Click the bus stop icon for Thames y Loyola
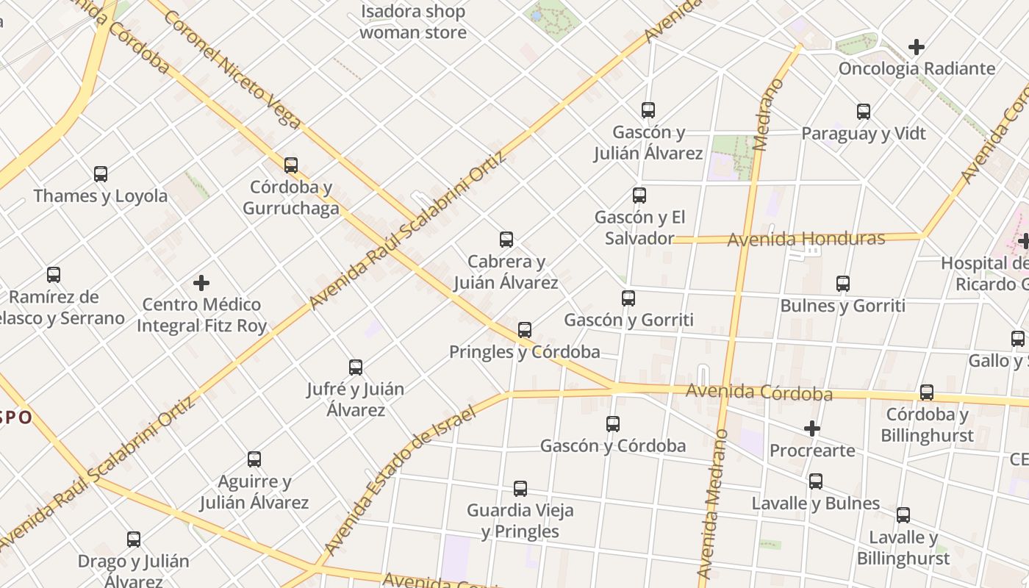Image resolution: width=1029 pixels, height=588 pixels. pyautogui.click(x=101, y=174)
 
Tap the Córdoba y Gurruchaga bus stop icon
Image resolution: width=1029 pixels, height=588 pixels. pyautogui.click(x=291, y=165)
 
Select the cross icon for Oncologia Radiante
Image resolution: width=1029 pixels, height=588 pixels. pyautogui.click(x=916, y=47)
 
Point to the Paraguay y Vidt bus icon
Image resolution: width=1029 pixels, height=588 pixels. pyautogui.click(x=864, y=112)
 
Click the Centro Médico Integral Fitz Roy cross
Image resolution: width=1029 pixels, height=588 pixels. pyautogui.click(x=201, y=282)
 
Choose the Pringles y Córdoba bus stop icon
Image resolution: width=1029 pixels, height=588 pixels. pyautogui.click(x=525, y=330)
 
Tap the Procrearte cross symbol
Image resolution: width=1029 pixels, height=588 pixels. pyautogui.click(x=812, y=428)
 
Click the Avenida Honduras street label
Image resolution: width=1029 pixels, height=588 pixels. pyautogui.click(x=806, y=239)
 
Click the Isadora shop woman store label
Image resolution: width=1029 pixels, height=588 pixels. pyautogui.click(x=413, y=22)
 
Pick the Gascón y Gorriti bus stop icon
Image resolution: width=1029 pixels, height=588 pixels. pyautogui.click(x=628, y=298)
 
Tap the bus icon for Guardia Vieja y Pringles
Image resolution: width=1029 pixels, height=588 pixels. pyautogui.click(x=520, y=488)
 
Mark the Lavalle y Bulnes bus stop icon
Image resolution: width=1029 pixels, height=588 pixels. pyautogui.click(x=816, y=481)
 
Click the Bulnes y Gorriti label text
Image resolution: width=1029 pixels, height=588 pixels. pyautogui.click(x=843, y=306)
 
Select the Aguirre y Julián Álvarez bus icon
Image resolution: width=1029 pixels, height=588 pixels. pyautogui.click(x=254, y=459)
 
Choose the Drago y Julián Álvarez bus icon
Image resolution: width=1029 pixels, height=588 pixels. pyautogui.click(x=134, y=539)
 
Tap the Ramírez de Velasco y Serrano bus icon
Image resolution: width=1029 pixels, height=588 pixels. pyautogui.click(x=54, y=275)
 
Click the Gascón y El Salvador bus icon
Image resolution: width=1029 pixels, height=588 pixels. pyautogui.click(x=639, y=196)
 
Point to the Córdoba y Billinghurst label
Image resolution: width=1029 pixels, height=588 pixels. pyautogui.click(x=927, y=425)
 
